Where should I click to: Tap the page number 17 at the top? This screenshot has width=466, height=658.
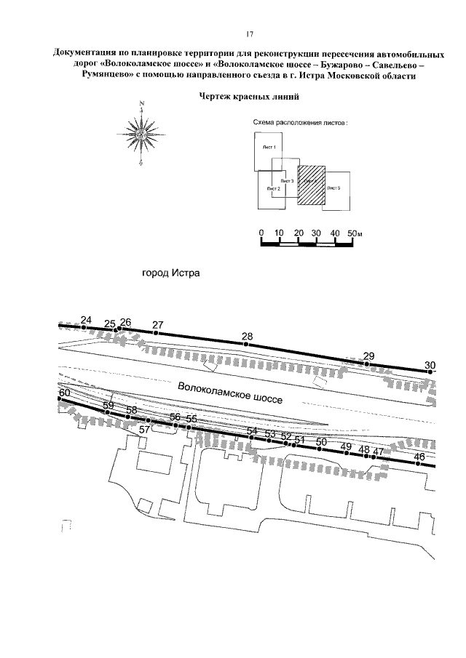pos(248,34)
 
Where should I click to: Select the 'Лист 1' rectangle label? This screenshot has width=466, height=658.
pos(269,148)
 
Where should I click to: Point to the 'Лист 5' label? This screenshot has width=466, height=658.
pos(335,188)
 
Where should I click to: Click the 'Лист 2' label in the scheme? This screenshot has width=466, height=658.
pos(274,188)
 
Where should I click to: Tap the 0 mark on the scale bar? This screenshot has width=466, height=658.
pos(261,233)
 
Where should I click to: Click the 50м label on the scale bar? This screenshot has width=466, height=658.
pos(355,233)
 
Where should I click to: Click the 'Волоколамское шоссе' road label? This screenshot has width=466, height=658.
pos(229,393)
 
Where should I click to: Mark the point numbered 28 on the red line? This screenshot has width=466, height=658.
pos(247,344)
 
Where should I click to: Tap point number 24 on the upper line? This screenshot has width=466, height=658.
pos(84,328)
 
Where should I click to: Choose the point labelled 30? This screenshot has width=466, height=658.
pos(430,372)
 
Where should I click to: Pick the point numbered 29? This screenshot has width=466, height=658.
pos(368,363)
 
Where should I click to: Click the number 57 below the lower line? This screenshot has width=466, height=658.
pos(145,430)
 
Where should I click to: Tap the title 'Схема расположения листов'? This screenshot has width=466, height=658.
pos(300,123)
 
